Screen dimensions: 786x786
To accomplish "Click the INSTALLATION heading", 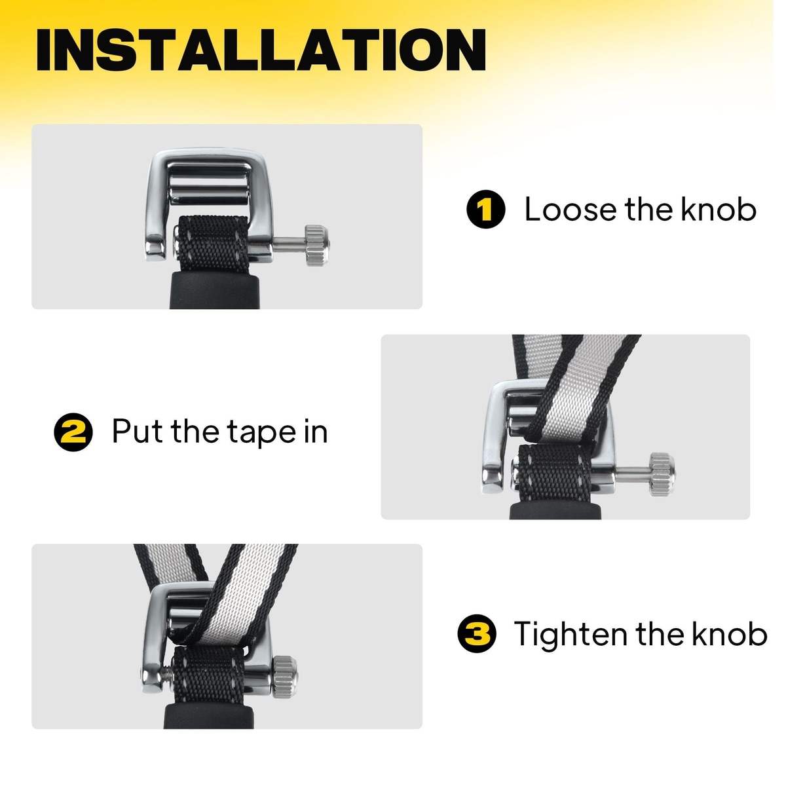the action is pyautogui.click(x=261, y=50).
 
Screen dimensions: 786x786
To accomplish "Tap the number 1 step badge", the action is pyautogui.click(x=485, y=209).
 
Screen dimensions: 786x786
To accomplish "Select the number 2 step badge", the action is pyautogui.click(x=73, y=432).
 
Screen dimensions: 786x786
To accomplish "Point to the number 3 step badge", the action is pyautogui.click(x=477, y=633).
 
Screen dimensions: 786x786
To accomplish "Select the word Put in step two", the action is pyautogui.click(x=137, y=432).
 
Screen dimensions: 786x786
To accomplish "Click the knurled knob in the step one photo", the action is pyautogui.click(x=317, y=246).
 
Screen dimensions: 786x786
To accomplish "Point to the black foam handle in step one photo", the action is pyautogui.click(x=214, y=290).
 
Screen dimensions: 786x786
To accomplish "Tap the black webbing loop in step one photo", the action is pyautogui.click(x=214, y=244).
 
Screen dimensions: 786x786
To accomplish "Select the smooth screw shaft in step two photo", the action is pyautogui.click(x=632, y=474).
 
